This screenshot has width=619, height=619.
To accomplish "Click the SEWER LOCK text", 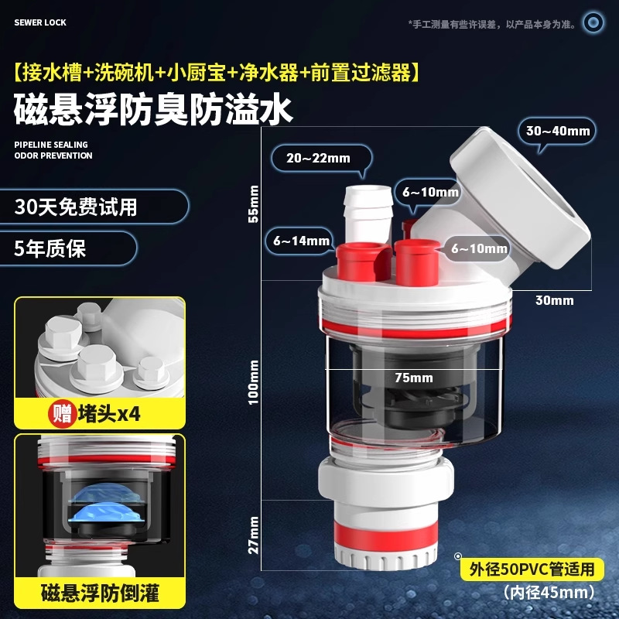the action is point(40,22).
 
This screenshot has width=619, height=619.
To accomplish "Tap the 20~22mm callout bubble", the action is point(321,159).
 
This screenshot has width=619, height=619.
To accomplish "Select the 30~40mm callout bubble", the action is point(557,131).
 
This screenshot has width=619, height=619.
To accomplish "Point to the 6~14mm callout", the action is point(301,241).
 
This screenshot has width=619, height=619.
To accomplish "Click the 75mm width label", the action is point(414,378).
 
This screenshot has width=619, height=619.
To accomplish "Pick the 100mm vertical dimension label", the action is point(253,382).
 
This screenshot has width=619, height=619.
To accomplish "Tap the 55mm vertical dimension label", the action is point(253,203).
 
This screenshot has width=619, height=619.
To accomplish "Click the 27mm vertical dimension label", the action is point(253,535).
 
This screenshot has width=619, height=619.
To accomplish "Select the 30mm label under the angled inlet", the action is point(554,300).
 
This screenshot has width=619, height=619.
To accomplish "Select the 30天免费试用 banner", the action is point(94,207).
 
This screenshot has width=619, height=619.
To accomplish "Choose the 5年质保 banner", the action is point(68,248).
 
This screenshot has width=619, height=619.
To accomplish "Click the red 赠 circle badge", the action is point(62,414).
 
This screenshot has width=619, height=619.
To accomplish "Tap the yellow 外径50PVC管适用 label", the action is point(532,569).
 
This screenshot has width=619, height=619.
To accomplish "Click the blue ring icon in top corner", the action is point(593,22).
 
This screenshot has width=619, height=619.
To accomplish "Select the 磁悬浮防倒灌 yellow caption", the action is point(100,593).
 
